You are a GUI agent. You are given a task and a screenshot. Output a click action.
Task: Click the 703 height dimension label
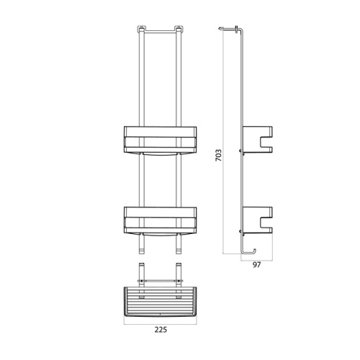218,153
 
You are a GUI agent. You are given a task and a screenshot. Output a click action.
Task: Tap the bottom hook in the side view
248,250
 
